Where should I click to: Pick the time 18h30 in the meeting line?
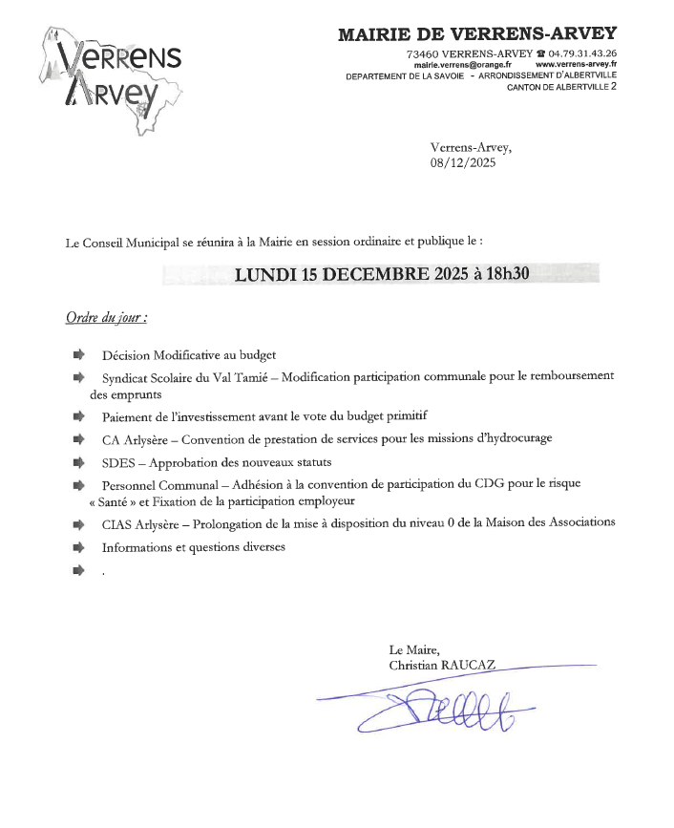click(x=508, y=275)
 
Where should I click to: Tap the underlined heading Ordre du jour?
click(x=106, y=317)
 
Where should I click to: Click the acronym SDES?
click(x=117, y=461)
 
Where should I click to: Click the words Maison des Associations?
click(x=551, y=522)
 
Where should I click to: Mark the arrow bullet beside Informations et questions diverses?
click(x=78, y=547)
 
